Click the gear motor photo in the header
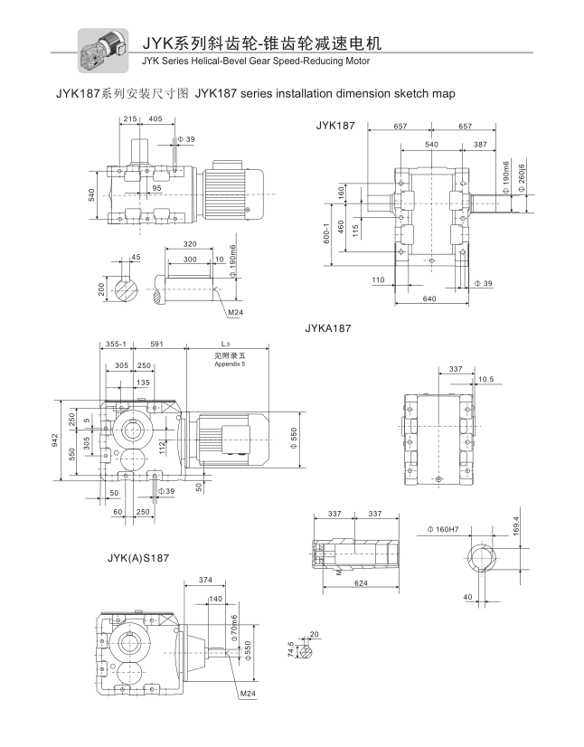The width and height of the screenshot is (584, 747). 100,50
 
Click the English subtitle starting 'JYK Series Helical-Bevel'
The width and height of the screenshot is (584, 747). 256,61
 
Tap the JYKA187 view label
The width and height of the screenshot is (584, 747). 327,328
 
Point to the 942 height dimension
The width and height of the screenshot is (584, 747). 55,440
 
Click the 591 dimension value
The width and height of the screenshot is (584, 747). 156,344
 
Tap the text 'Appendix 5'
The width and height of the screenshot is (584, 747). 230,363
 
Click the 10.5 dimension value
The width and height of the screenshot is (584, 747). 485,379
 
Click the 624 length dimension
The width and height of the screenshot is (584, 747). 360,583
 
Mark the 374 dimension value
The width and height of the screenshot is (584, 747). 205,580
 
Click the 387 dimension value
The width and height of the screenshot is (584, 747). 479,145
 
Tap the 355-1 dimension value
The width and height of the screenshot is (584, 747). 115,344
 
